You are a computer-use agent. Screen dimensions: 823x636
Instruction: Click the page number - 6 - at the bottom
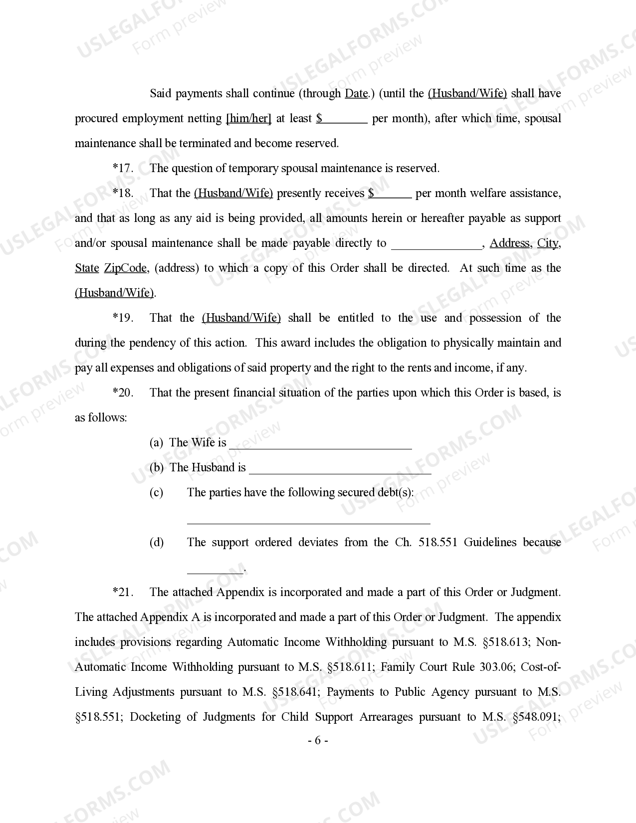coord(318,741)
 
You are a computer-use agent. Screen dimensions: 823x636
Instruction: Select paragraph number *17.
coord(123,169)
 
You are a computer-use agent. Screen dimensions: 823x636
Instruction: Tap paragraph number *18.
coord(123,194)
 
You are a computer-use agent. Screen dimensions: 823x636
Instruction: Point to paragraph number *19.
coord(123,318)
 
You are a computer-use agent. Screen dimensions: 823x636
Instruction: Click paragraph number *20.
coord(123,393)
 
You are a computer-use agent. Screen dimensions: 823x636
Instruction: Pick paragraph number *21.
coord(123,593)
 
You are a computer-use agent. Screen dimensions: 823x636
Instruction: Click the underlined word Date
coord(356,94)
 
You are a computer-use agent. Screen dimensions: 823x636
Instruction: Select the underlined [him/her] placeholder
coord(248,119)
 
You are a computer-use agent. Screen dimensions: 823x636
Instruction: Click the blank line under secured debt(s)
coord(308,521)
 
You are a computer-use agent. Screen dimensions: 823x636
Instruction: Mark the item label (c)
coord(156,493)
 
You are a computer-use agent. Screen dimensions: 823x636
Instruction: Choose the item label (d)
coord(156,543)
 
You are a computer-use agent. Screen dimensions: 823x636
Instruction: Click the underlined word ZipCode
coord(125,268)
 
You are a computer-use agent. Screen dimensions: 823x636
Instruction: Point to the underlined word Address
coord(509,243)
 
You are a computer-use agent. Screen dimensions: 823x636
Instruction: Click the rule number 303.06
coord(496,667)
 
